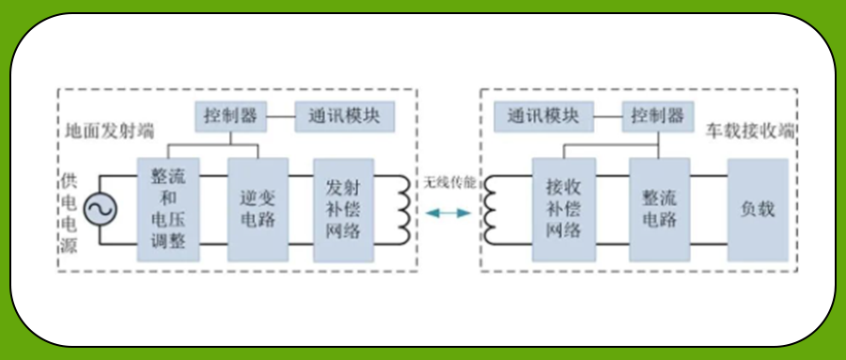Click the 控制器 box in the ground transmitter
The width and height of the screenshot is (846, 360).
pos(229,117)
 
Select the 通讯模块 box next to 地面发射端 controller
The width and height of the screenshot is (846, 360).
pos(344,117)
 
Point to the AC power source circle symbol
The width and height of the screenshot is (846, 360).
pos(100,210)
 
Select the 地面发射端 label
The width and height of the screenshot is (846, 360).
pos(109,129)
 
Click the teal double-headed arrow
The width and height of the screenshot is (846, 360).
pos(447,214)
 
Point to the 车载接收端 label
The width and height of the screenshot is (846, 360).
pos(750,129)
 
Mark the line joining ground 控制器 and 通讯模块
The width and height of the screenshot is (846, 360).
pos(280,117)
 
